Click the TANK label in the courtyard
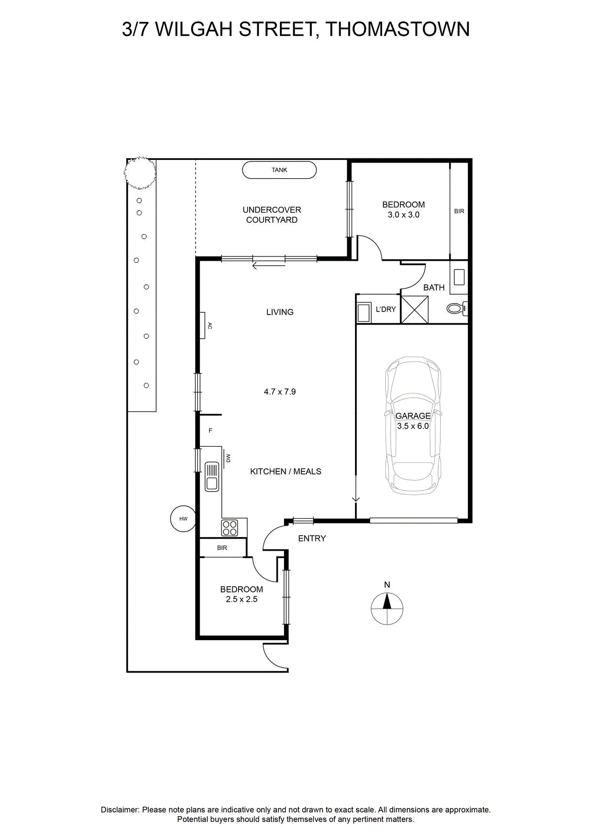pos(279,170)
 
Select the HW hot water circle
pos(183,519)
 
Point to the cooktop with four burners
pos(230,528)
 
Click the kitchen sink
pos(212,476)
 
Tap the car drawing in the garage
pos(413,425)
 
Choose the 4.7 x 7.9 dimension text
pos(280,391)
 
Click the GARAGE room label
pos(413,416)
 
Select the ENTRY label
pos(312,538)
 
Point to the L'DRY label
pos(385,309)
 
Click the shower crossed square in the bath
pos(414,309)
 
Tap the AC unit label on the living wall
pos(209,326)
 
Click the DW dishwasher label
pos(228,458)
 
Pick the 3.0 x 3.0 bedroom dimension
pos(404,215)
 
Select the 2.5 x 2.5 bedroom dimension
pos(242,599)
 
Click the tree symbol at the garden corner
pos(140,172)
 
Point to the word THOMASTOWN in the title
pos(397,29)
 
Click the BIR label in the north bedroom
pos(459,211)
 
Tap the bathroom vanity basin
pos(459,277)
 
